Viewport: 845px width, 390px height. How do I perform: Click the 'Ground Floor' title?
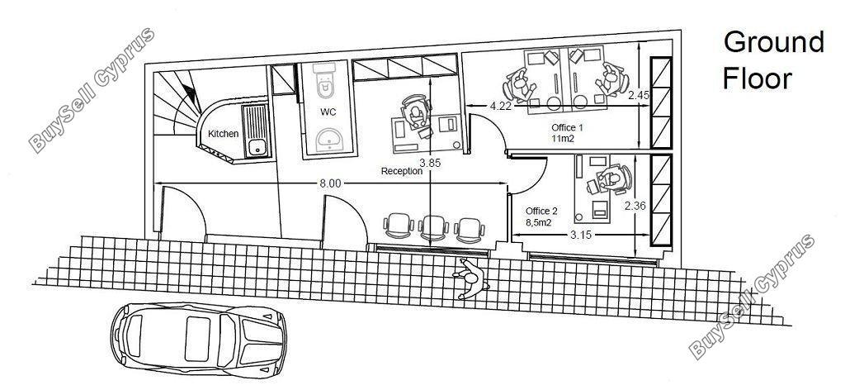point(773,59)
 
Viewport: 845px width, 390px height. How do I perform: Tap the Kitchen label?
point(223,134)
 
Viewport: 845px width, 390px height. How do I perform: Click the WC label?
point(328,112)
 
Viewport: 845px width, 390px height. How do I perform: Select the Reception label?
point(402,171)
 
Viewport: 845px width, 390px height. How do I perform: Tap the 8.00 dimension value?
point(330,183)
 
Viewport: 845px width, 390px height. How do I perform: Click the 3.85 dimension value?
point(431,163)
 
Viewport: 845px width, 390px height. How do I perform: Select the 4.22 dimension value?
point(500,107)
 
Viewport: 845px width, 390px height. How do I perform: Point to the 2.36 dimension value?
point(635,206)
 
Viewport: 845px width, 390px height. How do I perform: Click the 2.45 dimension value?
point(639,96)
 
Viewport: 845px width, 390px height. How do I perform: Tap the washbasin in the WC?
point(330,139)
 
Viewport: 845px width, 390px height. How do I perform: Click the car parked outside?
point(198,339)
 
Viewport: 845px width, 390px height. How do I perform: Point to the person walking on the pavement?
point(470,278)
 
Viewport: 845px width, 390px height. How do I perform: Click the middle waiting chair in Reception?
point(433,227)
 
